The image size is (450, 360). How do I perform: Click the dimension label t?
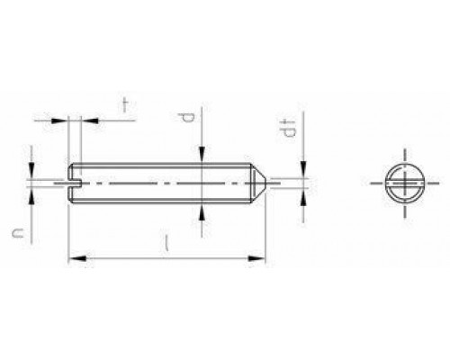pos(125,105)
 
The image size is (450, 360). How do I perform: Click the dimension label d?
pos(185,118)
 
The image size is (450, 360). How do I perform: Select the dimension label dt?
pos(287,128)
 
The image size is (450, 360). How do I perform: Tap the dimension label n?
pos(18,233)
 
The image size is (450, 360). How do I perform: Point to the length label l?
pos(166,243)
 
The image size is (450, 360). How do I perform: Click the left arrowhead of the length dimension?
pos(77,258)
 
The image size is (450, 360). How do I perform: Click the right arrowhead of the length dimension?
pos(256,258)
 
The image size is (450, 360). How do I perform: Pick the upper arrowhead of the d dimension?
pos(202,155)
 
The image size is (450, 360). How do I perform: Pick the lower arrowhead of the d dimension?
pos(202,211)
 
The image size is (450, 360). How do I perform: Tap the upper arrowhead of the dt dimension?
pos(303,170)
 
